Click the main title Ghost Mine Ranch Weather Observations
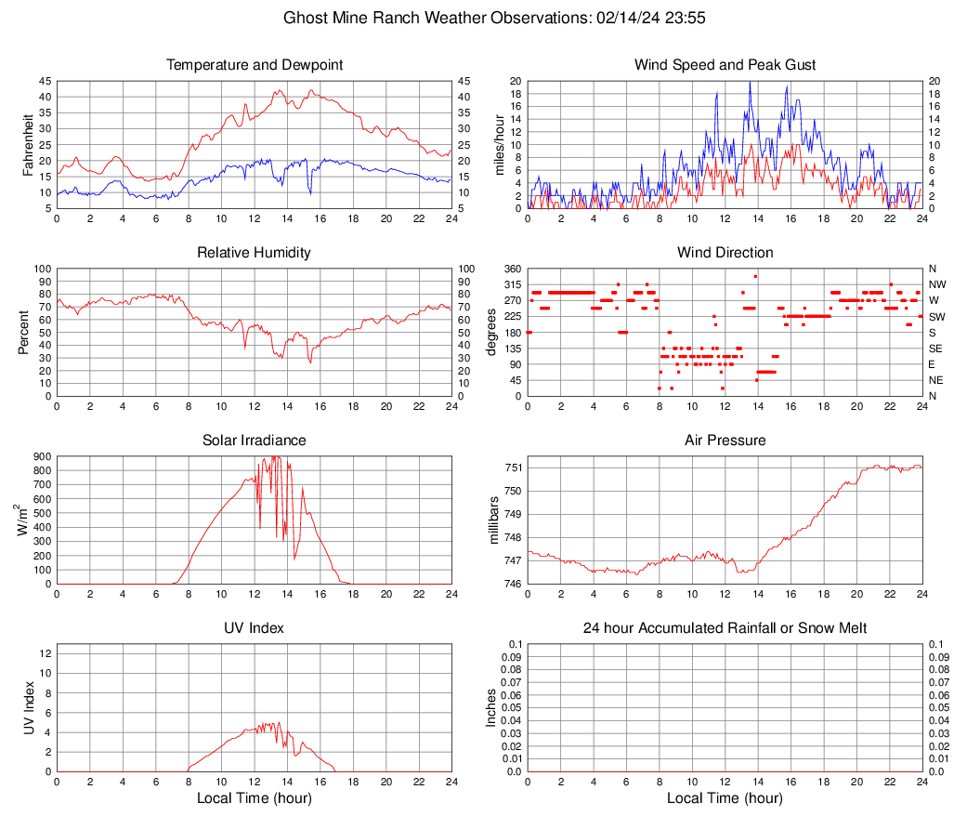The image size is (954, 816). click(x=477, y=18)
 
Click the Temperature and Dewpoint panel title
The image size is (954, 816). click(x=255, y=65)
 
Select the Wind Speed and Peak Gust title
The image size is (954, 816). click(x=725, y=65)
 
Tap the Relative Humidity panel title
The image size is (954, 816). click(x=255, y=253)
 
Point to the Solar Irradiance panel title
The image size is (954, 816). click(x=255, y=441)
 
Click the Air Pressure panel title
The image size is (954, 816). click(x=725, y=441)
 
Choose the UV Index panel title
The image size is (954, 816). click(x=255, y=628)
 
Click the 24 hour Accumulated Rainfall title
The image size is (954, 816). click(x=725, y=628)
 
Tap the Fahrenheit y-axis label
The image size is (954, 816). click(x=27, y=145)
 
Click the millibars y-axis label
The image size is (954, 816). click(x=496, y=520)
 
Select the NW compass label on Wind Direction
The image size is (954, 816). click(x=937, y=284)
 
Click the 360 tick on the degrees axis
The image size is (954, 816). click(x=511, y=269)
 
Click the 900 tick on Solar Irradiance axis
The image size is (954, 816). click(x=41, y=456)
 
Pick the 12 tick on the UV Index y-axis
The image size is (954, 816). click(x=45, y=653)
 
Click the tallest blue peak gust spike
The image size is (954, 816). click(x=750, y=83)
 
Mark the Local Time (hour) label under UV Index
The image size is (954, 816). click(x=255, y=798)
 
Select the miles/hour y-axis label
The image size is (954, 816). click(x=500, y=145)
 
